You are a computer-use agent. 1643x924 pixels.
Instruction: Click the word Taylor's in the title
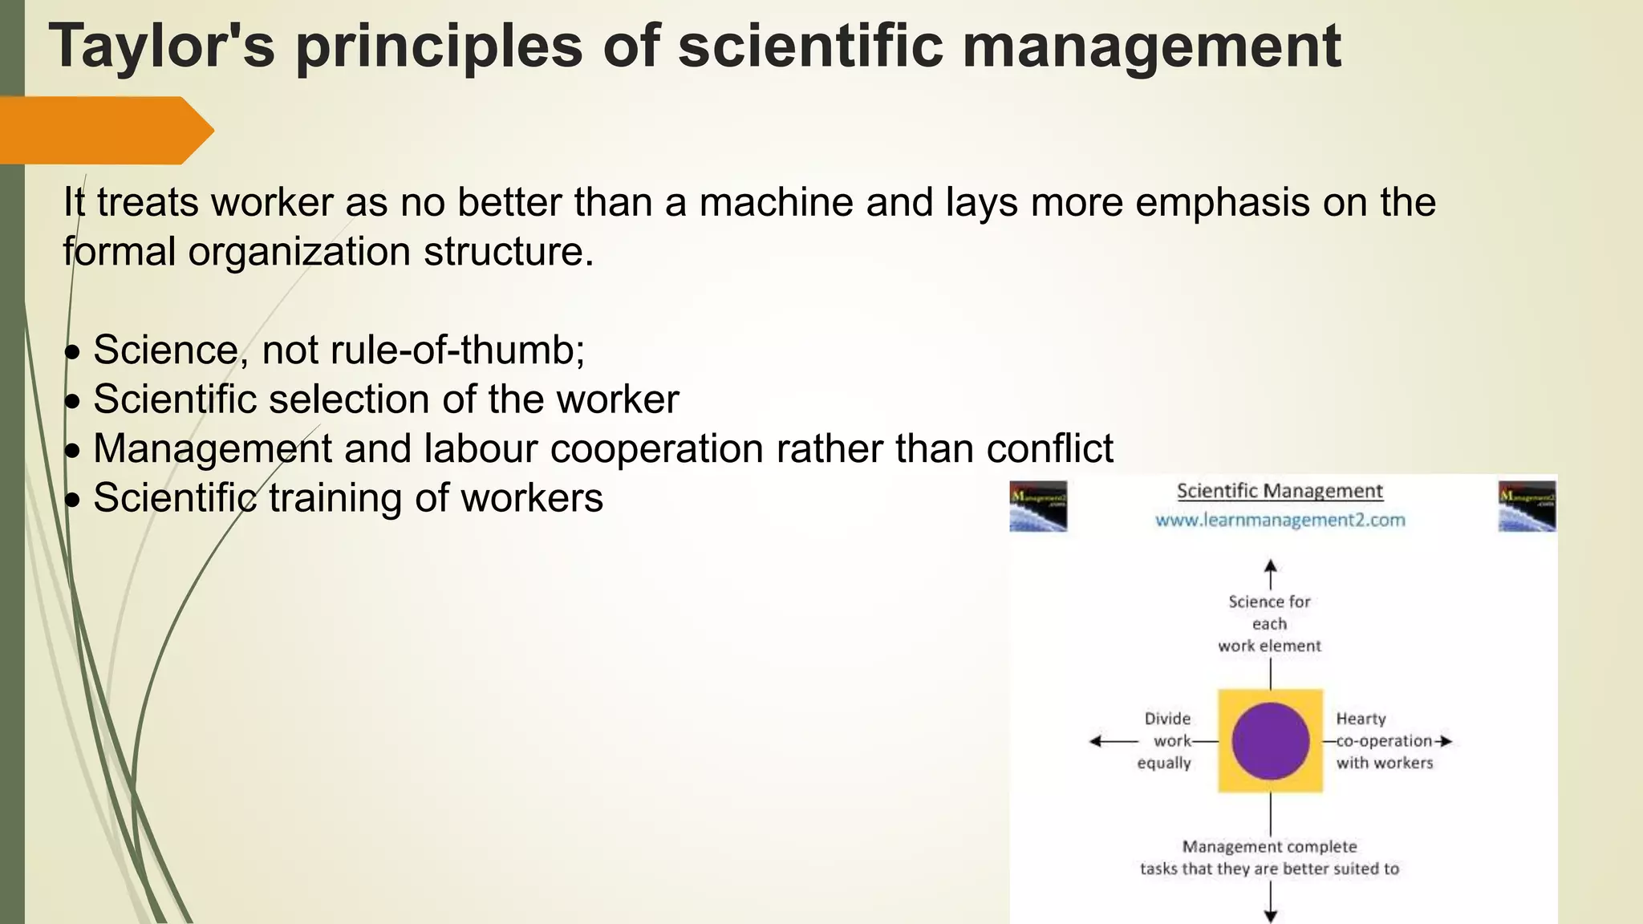(x=161, y=47)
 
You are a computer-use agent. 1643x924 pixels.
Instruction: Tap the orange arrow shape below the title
(x=104, y=130)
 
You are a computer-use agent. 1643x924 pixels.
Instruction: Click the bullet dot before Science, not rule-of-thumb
(x=73, y=352)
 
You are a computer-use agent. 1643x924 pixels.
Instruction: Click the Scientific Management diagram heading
(x=1280, y=491)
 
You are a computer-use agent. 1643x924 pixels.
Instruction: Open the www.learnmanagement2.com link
(x=1280, y=520)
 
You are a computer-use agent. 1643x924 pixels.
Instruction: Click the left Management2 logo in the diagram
(x=1038, y=506)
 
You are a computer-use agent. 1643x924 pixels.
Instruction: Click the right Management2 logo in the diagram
(x=1527, y=506)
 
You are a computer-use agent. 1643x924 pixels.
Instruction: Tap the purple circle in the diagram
(x=1270, y=740)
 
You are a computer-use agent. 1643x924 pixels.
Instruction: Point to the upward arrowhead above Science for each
(x=1270, y=566)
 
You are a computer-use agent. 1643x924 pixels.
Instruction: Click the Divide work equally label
(x=1166, y=740)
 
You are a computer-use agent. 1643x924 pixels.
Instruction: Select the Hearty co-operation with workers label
(x=1384, y=740)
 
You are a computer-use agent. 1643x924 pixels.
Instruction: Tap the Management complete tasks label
(x=1269, y=857)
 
